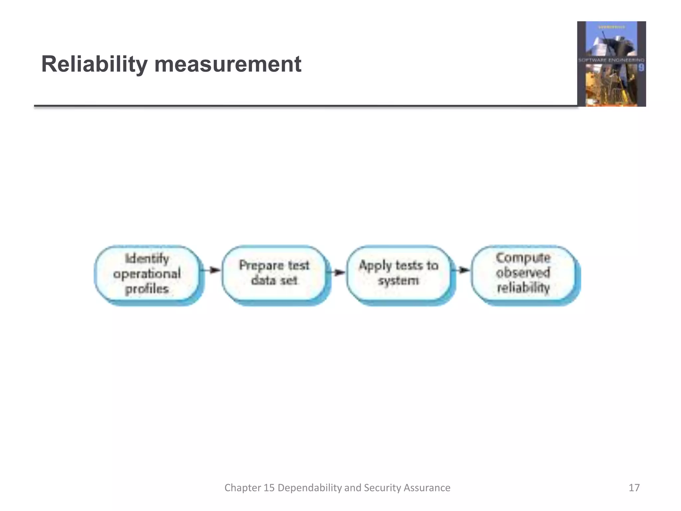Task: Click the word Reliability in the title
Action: coord(94,64)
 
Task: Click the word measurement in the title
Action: coord(228,64)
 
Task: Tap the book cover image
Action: coord(612,64)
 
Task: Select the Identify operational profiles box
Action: coord(147,274)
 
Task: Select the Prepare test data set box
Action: coord(274,273)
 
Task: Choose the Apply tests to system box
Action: coord(398,273)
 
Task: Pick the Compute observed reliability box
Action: coord(523,273)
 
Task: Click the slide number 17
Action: coord(634,488)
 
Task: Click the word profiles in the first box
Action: coord(147,289)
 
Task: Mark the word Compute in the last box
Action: coord(523,258)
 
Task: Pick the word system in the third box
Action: coord(398,281)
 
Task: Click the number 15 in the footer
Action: coord(269,488)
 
